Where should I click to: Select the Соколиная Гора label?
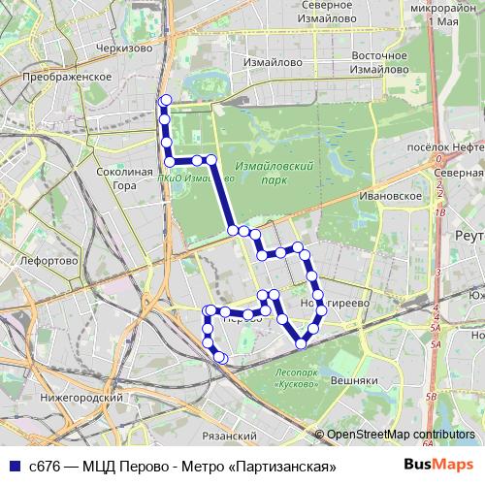(119, 178)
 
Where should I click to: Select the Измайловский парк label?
(287, 174)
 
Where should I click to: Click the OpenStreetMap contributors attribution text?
(401, 435)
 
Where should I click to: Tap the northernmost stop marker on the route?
(165, 99)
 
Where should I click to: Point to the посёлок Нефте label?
(447, 147)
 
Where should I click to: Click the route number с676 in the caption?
(45, 467)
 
